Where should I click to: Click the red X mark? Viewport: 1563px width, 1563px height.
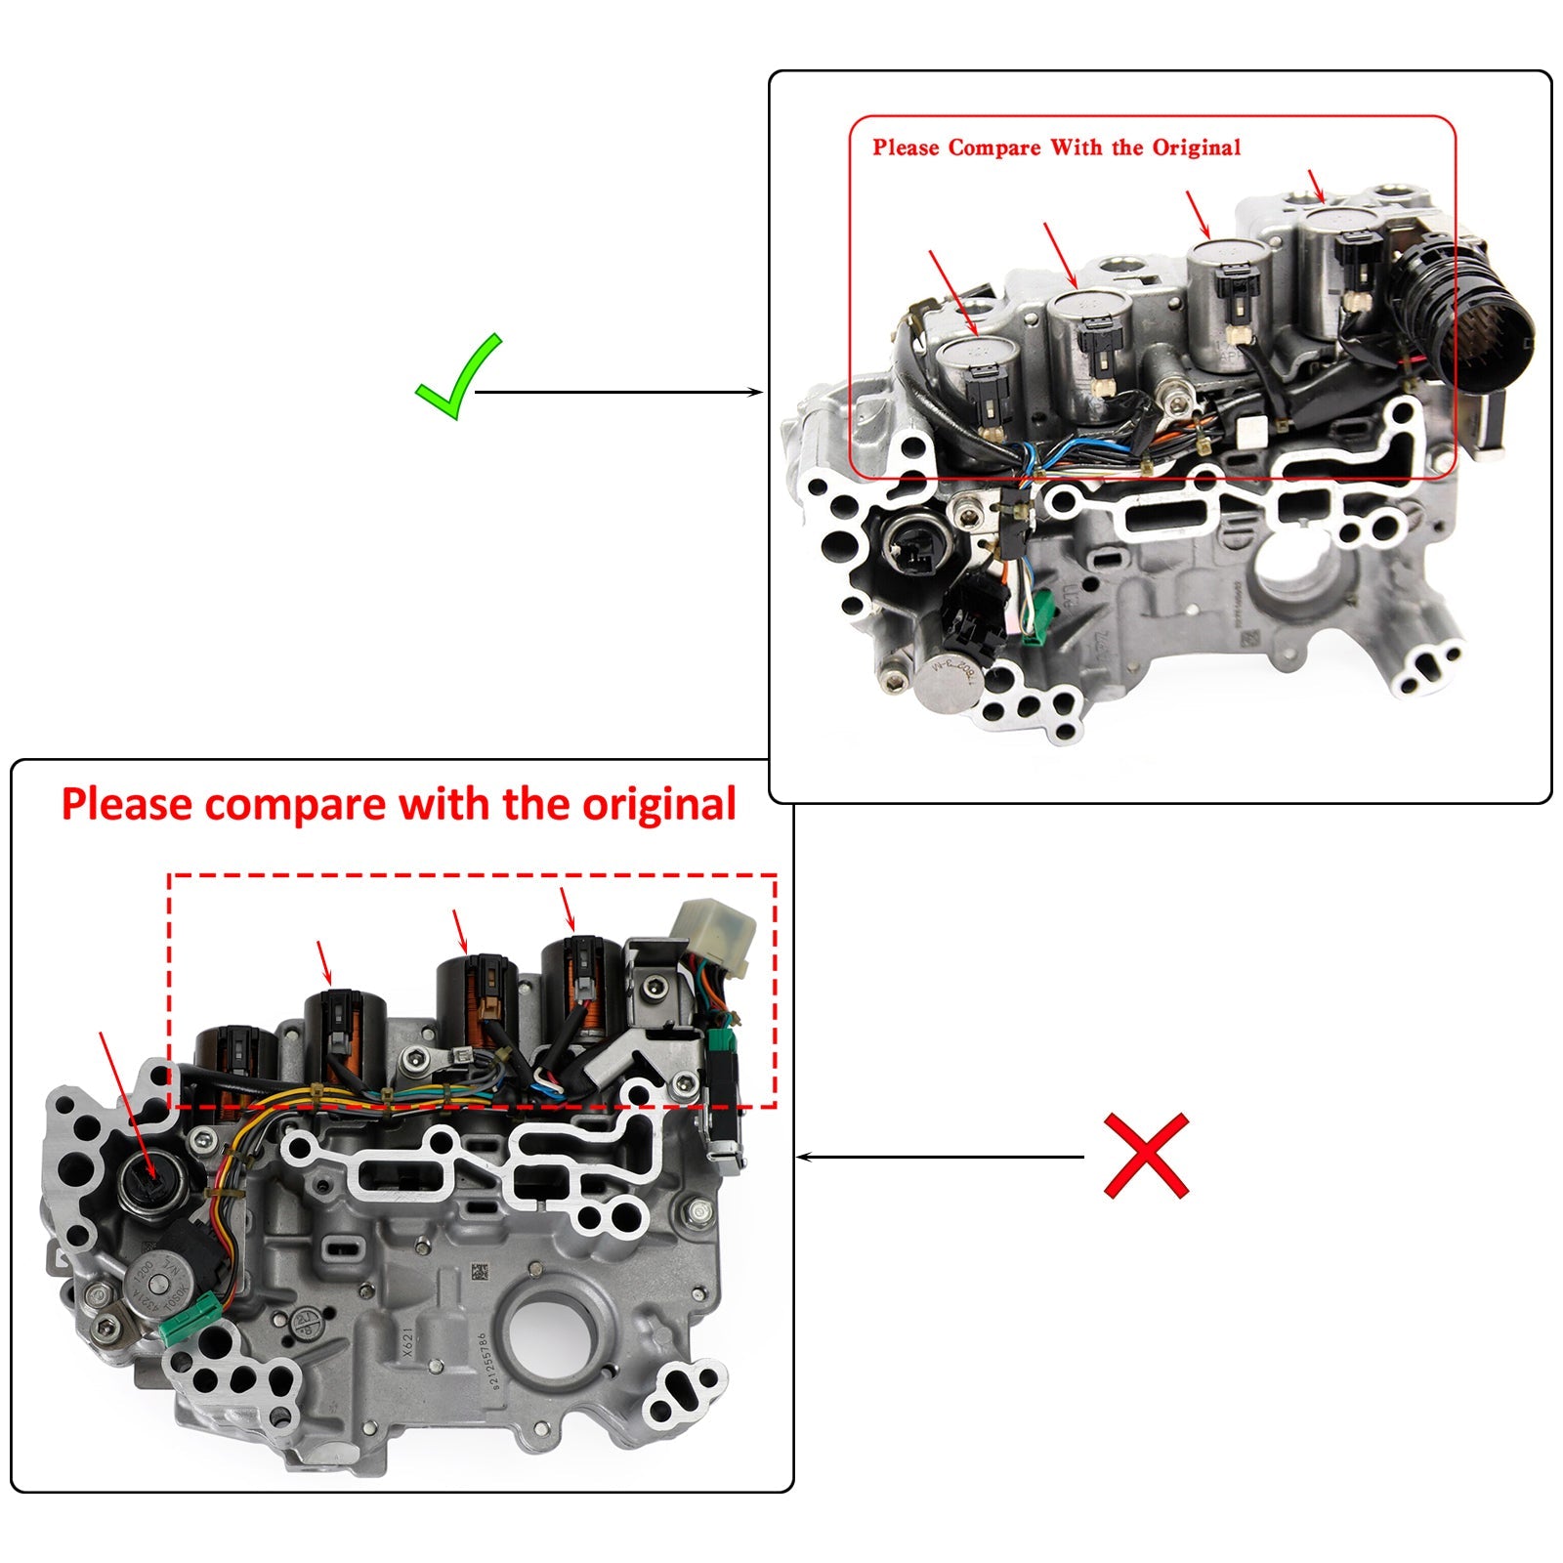coord(1146,1155)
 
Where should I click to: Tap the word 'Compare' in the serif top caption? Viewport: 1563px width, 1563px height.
coord(993,148)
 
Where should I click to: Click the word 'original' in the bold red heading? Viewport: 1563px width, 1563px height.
coord(658,805)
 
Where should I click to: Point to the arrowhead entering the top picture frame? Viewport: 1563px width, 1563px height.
coord(757,393)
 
